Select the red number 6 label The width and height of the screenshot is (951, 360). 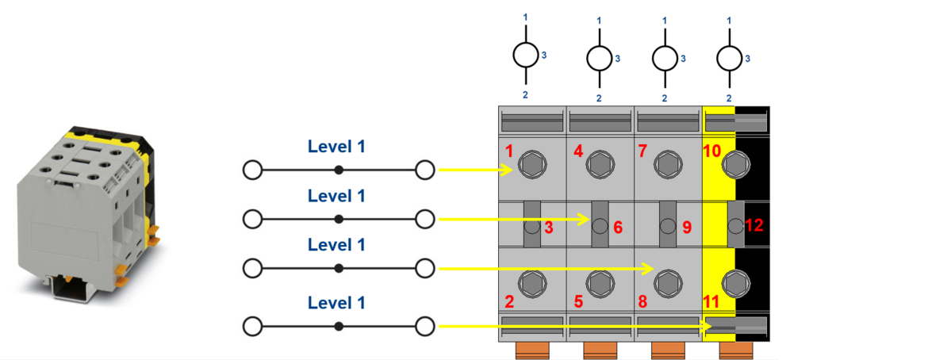coord(617,227)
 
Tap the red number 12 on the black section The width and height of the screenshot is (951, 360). coord(754,226)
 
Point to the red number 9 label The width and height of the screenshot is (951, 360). coord(686,227)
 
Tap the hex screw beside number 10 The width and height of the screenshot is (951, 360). coord(737,165)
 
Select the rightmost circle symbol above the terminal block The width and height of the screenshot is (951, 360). coord(729,57)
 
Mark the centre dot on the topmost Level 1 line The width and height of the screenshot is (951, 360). coord(339,170)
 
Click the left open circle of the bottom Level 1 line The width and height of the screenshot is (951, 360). coord(252,326)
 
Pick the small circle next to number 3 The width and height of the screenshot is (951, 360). coord(531,227)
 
